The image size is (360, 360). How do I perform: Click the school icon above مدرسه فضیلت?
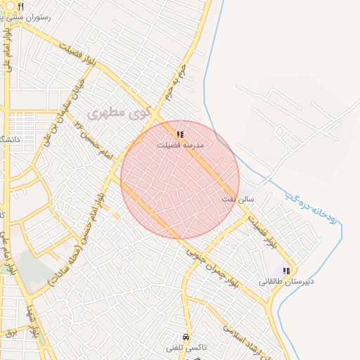pyautogui.click(x=180, y=134)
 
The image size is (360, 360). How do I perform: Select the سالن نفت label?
pyautogui.click(x=237, y=200)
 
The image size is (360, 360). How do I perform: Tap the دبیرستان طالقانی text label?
pyautogui.click(x=286, y=281)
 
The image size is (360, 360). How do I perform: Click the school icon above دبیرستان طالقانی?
pyautogui.click(x=286, y=271)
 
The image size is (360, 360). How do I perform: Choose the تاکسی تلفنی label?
pyautogui.click(x=184, y=348)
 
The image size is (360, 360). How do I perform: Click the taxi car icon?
pyautogui.click(x=185, y=337)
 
